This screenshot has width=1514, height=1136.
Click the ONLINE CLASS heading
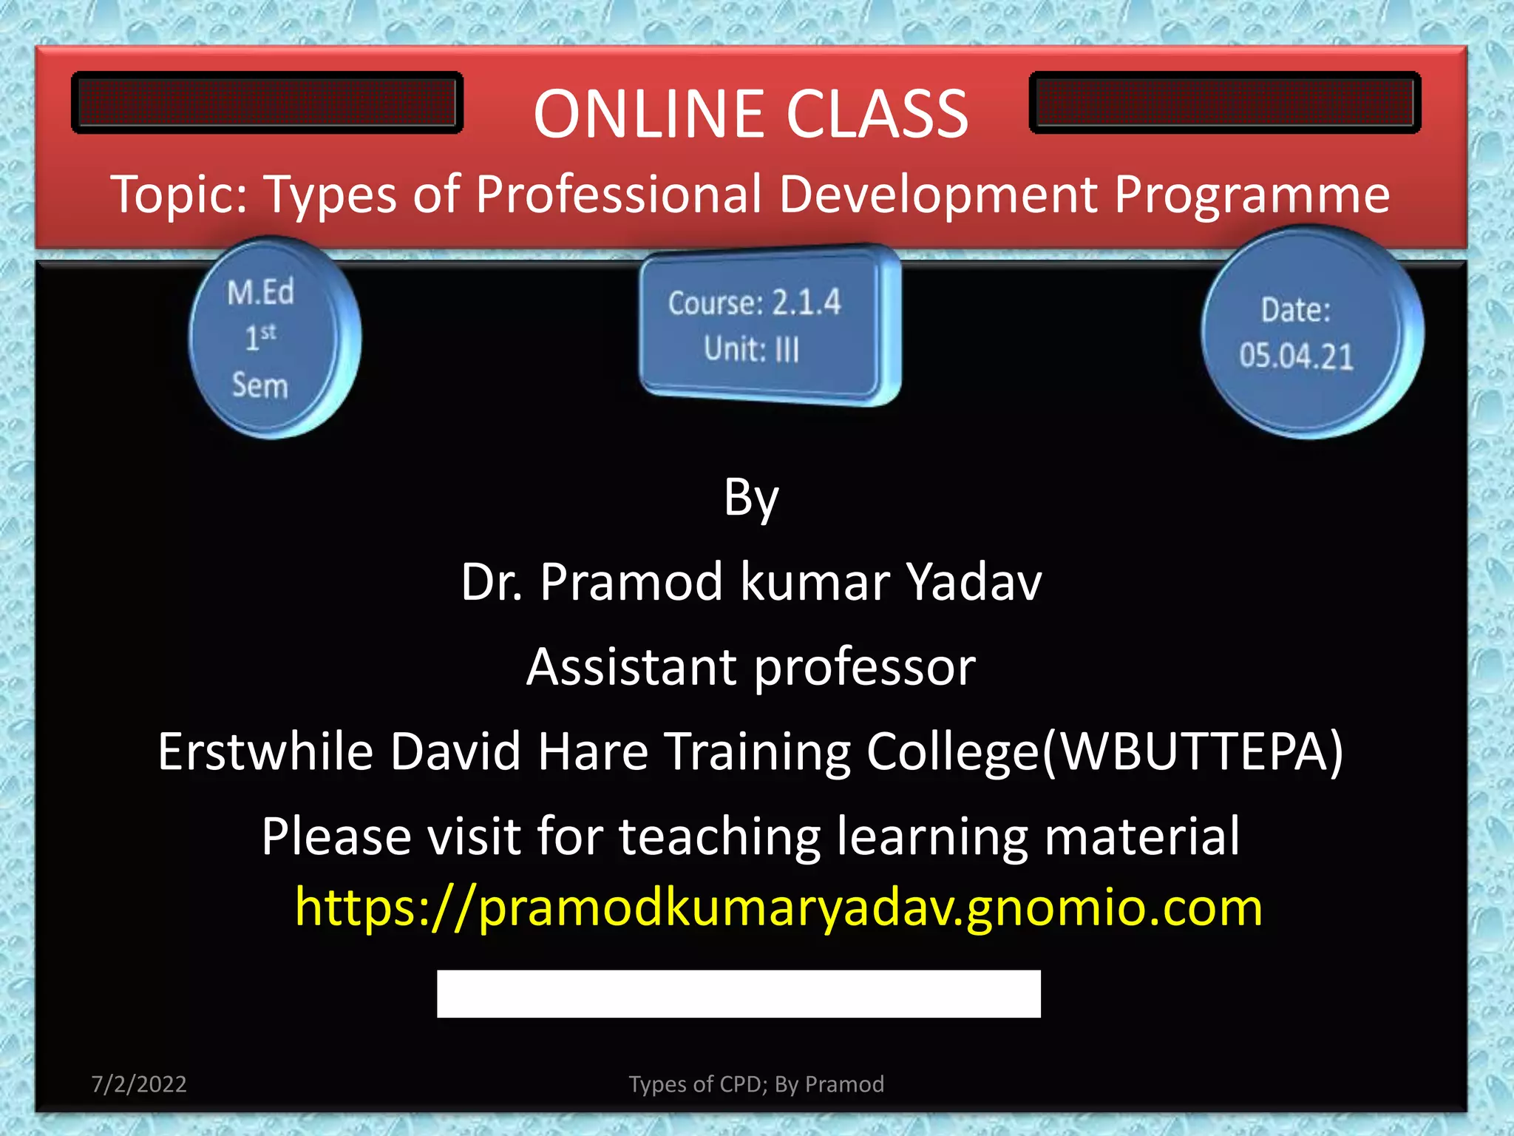point(750,115)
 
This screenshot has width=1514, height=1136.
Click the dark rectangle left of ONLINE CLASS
point(267,103)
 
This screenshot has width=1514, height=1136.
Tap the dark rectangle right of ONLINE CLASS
point(1224,103)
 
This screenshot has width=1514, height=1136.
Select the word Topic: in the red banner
point(180,195)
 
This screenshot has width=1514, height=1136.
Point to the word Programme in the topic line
point(1252,195)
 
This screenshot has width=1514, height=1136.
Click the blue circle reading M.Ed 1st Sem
point(266,338)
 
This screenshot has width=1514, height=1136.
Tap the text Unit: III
point(751,349)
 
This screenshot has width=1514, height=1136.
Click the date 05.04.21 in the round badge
point(1297,356)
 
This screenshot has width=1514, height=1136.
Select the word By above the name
point(750,498)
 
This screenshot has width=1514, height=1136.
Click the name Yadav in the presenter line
point(974,582)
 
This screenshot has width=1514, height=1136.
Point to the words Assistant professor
point(750,667)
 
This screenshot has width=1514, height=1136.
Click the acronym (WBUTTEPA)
point(1193,752)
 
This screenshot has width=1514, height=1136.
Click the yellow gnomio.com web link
point(778,908)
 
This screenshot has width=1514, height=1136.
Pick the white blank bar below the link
point(739,993)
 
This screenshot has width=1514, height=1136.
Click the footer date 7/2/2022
point(139,1084)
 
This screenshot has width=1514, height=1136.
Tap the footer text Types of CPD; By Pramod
point(756,1084)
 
